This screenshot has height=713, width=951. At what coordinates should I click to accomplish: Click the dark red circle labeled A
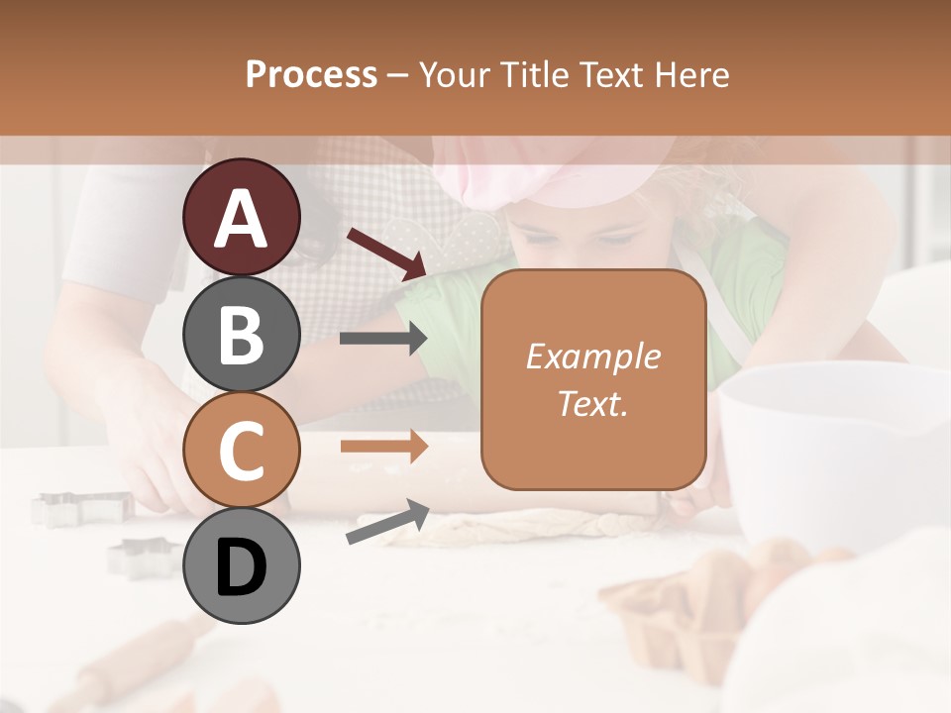241,217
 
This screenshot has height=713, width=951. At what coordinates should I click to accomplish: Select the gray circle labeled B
241,334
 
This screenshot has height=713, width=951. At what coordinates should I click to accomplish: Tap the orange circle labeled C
241,450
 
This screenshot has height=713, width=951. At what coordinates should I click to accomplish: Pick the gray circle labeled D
241,566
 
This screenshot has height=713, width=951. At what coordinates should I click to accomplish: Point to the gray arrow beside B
383,339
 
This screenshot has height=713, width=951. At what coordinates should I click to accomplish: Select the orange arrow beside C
383,447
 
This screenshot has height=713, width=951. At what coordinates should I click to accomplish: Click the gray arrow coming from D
387,523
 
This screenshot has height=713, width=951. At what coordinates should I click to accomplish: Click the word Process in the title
311,74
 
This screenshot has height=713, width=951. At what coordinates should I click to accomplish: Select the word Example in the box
592,357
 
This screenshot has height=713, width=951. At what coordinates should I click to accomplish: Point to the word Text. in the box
592,403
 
